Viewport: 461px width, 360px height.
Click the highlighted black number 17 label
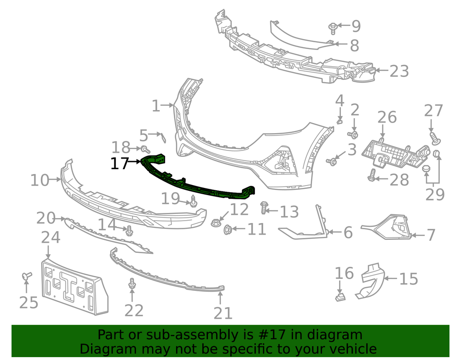(120, 163)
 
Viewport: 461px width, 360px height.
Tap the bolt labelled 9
(333, 28)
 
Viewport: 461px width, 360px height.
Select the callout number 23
(399, 71)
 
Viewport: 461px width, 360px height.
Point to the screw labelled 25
(27, 276)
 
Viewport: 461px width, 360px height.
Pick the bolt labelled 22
(132, 283)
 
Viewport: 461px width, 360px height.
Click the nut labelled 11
(228, 229)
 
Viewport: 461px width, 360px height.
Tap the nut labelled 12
(215, 223)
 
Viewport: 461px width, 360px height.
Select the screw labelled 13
(264, 208)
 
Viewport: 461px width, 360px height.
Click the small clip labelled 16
(340, 297)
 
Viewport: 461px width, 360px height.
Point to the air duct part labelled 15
(370, 281)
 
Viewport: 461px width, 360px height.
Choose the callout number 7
(431, 235)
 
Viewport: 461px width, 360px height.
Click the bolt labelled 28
(372, 175)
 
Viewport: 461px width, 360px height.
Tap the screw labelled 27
(435, 138)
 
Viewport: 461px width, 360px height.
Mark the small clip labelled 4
(340, 121)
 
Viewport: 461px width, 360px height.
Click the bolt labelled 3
(331, 161)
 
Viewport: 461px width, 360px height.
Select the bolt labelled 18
(146, 149)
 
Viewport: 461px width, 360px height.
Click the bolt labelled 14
(129, 231)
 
